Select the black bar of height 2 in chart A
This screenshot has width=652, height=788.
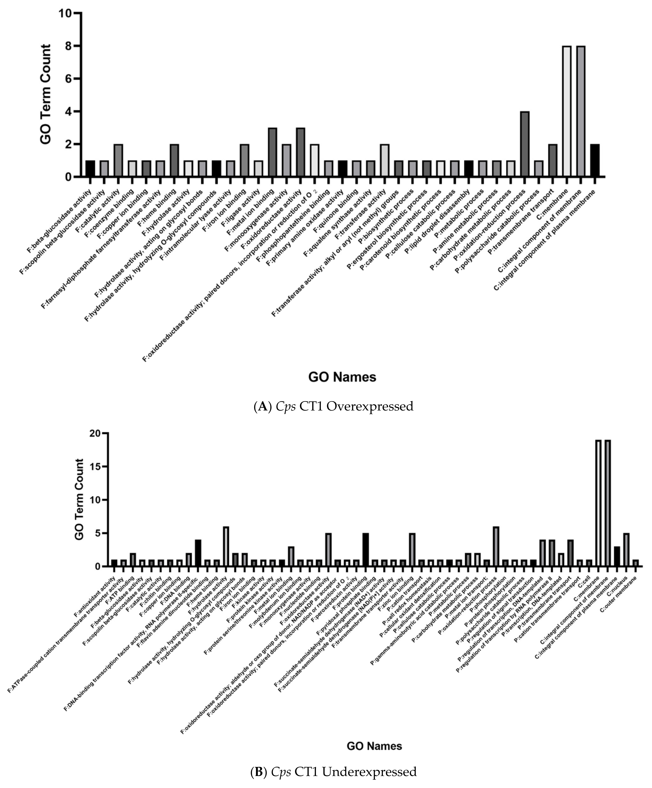[595, 160]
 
